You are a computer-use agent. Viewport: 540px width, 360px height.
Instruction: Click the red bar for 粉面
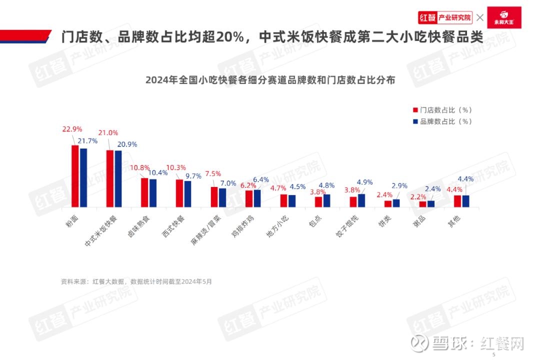(x=75, y=176)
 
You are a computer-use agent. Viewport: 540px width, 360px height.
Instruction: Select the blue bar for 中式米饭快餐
(x=118, y=178)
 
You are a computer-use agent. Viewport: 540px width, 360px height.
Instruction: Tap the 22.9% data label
(x=72, y=129)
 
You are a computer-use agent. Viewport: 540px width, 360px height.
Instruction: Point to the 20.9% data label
(x=127, y=144)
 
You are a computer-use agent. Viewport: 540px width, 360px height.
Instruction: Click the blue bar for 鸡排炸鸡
(x=257, y=198)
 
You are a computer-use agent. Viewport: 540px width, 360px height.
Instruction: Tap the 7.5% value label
(x=213, y=173)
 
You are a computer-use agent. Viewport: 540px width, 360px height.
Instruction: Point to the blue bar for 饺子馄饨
(x=361, y=200)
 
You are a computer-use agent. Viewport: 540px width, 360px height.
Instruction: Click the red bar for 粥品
(x=422, y=204)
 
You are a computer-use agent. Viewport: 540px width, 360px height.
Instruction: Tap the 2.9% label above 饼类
(x=399, y=186)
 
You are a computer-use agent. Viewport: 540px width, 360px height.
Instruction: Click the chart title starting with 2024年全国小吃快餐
(x=270, y=80)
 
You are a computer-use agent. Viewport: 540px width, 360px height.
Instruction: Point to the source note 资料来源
(x=136, y=281)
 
